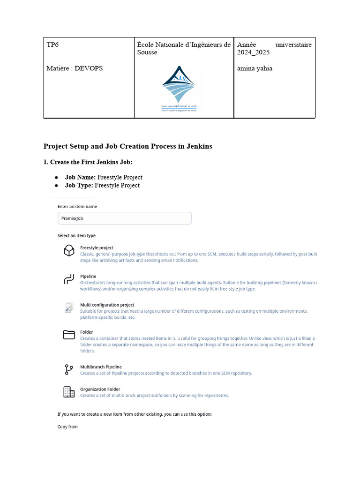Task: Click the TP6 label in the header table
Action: [52, 45]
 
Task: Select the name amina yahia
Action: [255, 68]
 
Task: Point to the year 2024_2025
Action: [253, 52]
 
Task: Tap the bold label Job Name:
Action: [80, 177]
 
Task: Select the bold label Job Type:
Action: [79, 185]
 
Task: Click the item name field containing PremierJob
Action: [124, 218]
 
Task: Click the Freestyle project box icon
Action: [69, 251]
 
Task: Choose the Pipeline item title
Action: [88, 277]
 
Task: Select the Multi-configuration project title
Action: [107, 305]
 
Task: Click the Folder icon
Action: [69, 335]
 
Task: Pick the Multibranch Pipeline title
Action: [101, 367]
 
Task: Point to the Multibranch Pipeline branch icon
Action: [69, 370]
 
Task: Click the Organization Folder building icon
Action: [69, 392]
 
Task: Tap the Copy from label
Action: [67, 427]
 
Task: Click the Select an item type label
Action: [76, 235]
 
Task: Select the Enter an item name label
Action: [77, 206]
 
